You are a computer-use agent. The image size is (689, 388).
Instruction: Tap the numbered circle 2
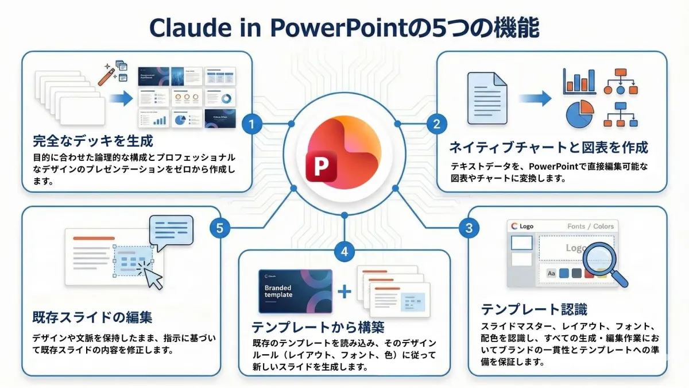click(x=436, y=123)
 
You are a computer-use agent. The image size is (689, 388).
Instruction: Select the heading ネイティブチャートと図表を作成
click(x=549, y=147)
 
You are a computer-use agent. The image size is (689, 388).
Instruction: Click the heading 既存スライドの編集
click(x=92, y=317)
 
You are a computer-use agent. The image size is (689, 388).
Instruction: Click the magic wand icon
click(x=107, y=75)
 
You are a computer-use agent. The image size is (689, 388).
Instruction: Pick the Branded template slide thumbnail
click(x=295, y=291)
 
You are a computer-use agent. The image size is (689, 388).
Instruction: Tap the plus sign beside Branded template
click(x=344, y=291)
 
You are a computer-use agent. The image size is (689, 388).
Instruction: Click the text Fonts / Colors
click(x=590, y=226)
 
